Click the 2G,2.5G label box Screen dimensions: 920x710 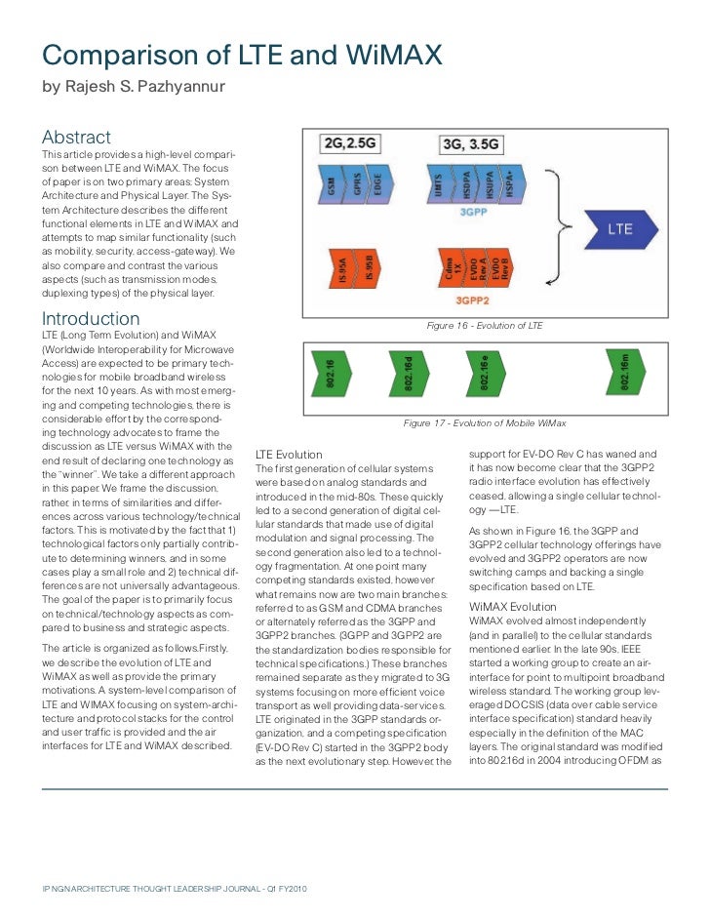pos(348,144)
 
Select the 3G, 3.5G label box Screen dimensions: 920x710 pos(473,144)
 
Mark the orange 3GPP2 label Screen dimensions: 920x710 pos(473,300)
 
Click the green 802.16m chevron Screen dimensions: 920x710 pos(625,375)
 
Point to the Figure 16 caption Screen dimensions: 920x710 pos(485,326)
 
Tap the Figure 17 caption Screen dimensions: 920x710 pos(485,423)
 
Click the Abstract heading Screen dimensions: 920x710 pos(76,138)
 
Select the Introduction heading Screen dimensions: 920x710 pos(91,319)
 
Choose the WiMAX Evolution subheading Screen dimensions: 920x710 pos(513,607)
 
